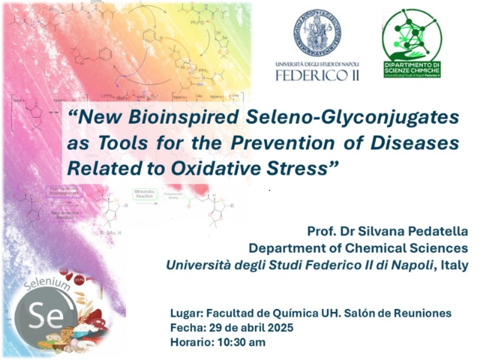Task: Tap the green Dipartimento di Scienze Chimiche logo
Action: point(411,43)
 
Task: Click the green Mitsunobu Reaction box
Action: point(144,194)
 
